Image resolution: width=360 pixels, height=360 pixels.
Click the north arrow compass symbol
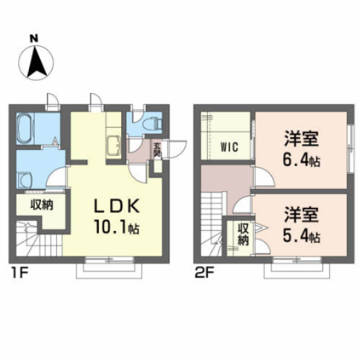(38, 63)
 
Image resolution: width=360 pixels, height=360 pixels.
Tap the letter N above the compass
(34, 38)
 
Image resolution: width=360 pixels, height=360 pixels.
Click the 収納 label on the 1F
(40, 204)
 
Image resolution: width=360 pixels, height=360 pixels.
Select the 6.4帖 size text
(301, 161)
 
